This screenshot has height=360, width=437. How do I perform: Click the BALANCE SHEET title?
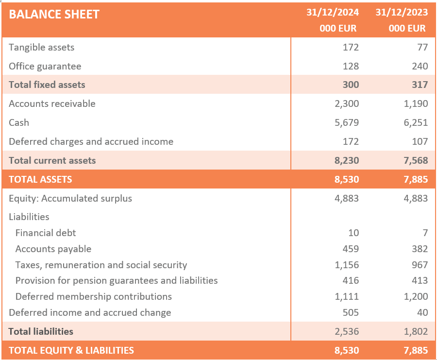54,14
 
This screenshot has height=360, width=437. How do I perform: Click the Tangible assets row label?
42,47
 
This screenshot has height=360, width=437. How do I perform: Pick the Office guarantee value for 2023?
420,66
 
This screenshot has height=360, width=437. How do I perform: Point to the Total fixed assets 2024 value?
351,85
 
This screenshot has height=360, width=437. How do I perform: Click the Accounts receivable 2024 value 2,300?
347,103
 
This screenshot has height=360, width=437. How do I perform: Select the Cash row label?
19,122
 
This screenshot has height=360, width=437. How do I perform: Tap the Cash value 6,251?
416,122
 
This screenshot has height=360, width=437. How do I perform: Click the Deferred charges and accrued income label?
91,141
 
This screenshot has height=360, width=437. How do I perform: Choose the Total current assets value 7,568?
416,160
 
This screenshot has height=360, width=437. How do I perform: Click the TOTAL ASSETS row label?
40,179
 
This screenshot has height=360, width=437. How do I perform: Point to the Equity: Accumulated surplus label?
70,198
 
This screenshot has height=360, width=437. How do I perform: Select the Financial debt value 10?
353,233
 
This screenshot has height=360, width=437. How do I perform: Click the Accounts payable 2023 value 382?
420,249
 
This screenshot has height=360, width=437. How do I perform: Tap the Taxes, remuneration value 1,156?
347,265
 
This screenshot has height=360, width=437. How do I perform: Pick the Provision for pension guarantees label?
117,280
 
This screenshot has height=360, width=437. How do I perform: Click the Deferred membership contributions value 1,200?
416,296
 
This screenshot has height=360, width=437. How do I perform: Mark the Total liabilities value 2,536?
347,331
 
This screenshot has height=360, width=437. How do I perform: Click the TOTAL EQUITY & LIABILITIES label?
71,350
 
